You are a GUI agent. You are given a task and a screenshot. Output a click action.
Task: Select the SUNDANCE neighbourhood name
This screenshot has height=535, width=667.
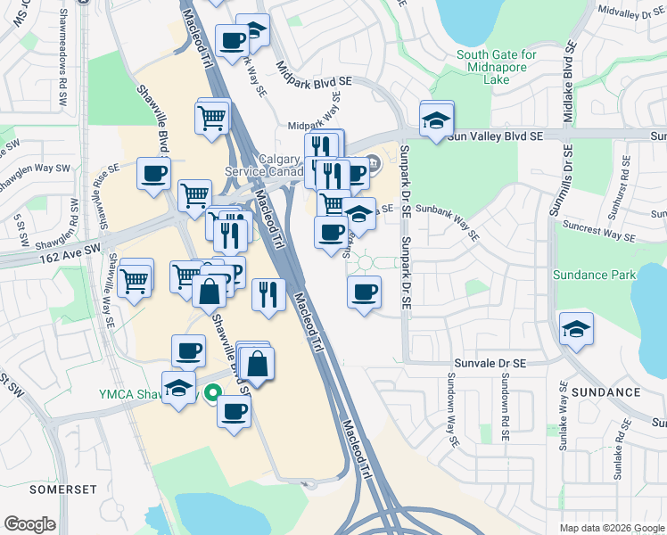click(x=606, y=392)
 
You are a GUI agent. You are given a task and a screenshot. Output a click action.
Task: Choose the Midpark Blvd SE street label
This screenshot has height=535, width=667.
click(x=315, y=80)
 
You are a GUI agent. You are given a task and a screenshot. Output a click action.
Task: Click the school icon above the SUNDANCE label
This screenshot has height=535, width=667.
click(x=576, y=329)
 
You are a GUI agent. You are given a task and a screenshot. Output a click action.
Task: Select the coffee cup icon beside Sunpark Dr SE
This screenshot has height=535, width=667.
click(x=364, y=292)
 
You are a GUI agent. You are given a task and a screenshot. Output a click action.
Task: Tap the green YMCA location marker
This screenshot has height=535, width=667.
click(x=212, y=392)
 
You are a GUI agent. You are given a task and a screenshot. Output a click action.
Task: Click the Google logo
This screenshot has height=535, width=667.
click(x=29, y=524)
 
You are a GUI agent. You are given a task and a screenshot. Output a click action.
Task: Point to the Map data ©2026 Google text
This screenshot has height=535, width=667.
click(x=611, y=528)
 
